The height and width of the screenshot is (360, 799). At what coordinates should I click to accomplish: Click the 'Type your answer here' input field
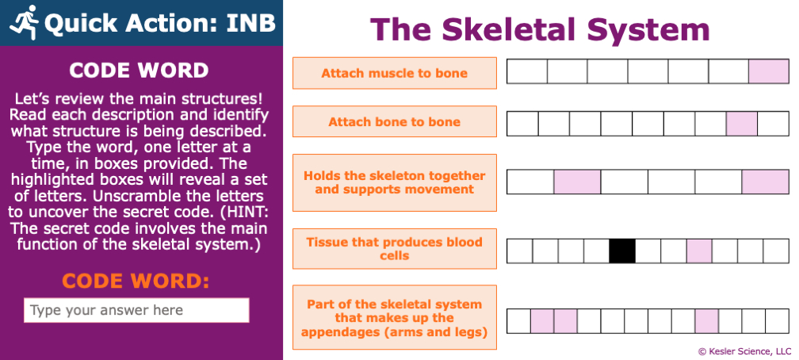(x=136, y=310)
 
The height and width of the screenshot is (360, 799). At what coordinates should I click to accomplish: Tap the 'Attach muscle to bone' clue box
(x=395, y=73)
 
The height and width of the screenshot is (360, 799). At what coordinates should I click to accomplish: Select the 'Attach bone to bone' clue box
(x=395, y=122)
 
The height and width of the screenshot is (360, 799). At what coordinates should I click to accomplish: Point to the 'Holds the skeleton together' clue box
(x=395, y=182)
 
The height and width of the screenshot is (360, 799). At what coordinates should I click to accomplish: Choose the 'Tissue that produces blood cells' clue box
(x=395, y=249)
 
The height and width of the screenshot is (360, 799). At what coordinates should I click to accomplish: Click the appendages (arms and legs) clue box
(x=395, y=318)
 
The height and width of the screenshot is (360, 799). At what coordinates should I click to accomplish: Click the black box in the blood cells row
(x=622, y=251)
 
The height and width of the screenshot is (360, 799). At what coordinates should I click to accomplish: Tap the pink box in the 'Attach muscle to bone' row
(x=769, y=71)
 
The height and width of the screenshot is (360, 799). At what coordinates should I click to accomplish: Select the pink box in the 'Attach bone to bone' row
(x=742, y=124)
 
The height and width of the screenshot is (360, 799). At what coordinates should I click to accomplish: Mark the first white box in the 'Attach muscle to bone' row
(x=527, y=71)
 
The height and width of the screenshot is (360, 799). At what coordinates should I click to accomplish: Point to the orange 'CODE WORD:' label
(x=136, y=281)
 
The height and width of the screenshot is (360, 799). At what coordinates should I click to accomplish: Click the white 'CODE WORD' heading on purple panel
(x=139, y=71)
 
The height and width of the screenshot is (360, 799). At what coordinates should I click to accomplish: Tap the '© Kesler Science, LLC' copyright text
(x=744, y=351)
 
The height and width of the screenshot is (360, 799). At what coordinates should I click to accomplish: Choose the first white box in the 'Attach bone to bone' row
(x=522, y=124)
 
